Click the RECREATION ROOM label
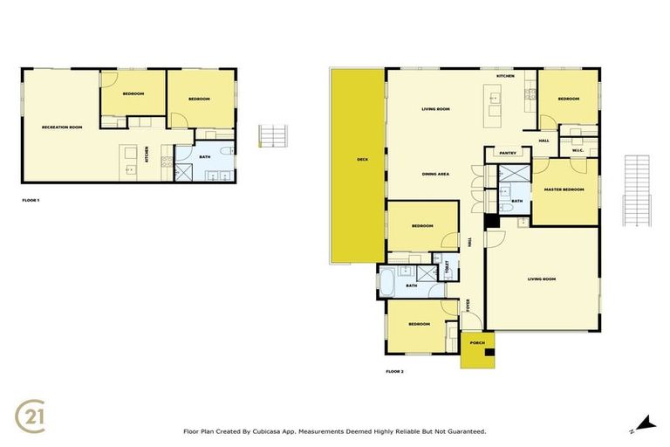tap(62, 127)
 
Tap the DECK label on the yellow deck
tap(361, 160)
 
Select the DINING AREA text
tap(435, 175)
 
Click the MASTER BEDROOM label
tap(564, 189)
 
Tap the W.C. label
tap(578, 149)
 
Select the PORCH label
tap(477, 343)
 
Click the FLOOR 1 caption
tap(31, 200)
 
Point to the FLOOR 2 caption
tap(394, 371)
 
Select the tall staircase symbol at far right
tap(638, 190)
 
